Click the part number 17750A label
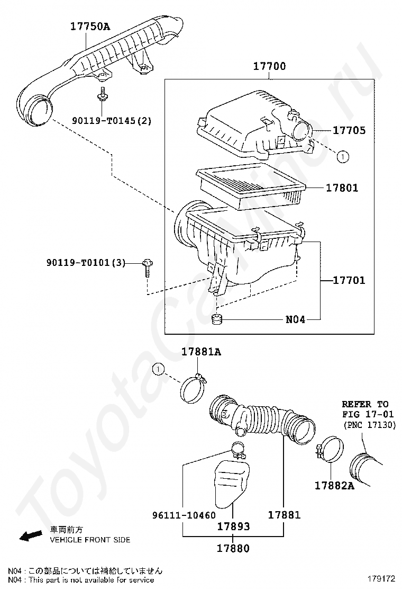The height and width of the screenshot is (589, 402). tap(90, 25)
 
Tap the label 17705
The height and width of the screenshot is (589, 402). tap(349, 130)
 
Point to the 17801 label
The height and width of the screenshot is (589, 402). tap(342, 188)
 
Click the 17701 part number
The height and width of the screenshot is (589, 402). tap(349, 280)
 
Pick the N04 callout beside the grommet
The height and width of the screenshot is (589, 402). tap(295, 319)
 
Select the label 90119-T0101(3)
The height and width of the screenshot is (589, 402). tap(85, 262)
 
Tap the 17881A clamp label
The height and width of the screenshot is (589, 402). tap(201, 351)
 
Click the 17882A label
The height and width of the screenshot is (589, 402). tap(334, 485)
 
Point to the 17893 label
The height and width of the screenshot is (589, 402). tap(233, 526)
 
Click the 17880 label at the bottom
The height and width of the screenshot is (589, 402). tap(233, 549)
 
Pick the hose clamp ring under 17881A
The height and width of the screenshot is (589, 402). tap(194, 391)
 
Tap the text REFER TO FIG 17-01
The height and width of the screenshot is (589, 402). tap(364, 409)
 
